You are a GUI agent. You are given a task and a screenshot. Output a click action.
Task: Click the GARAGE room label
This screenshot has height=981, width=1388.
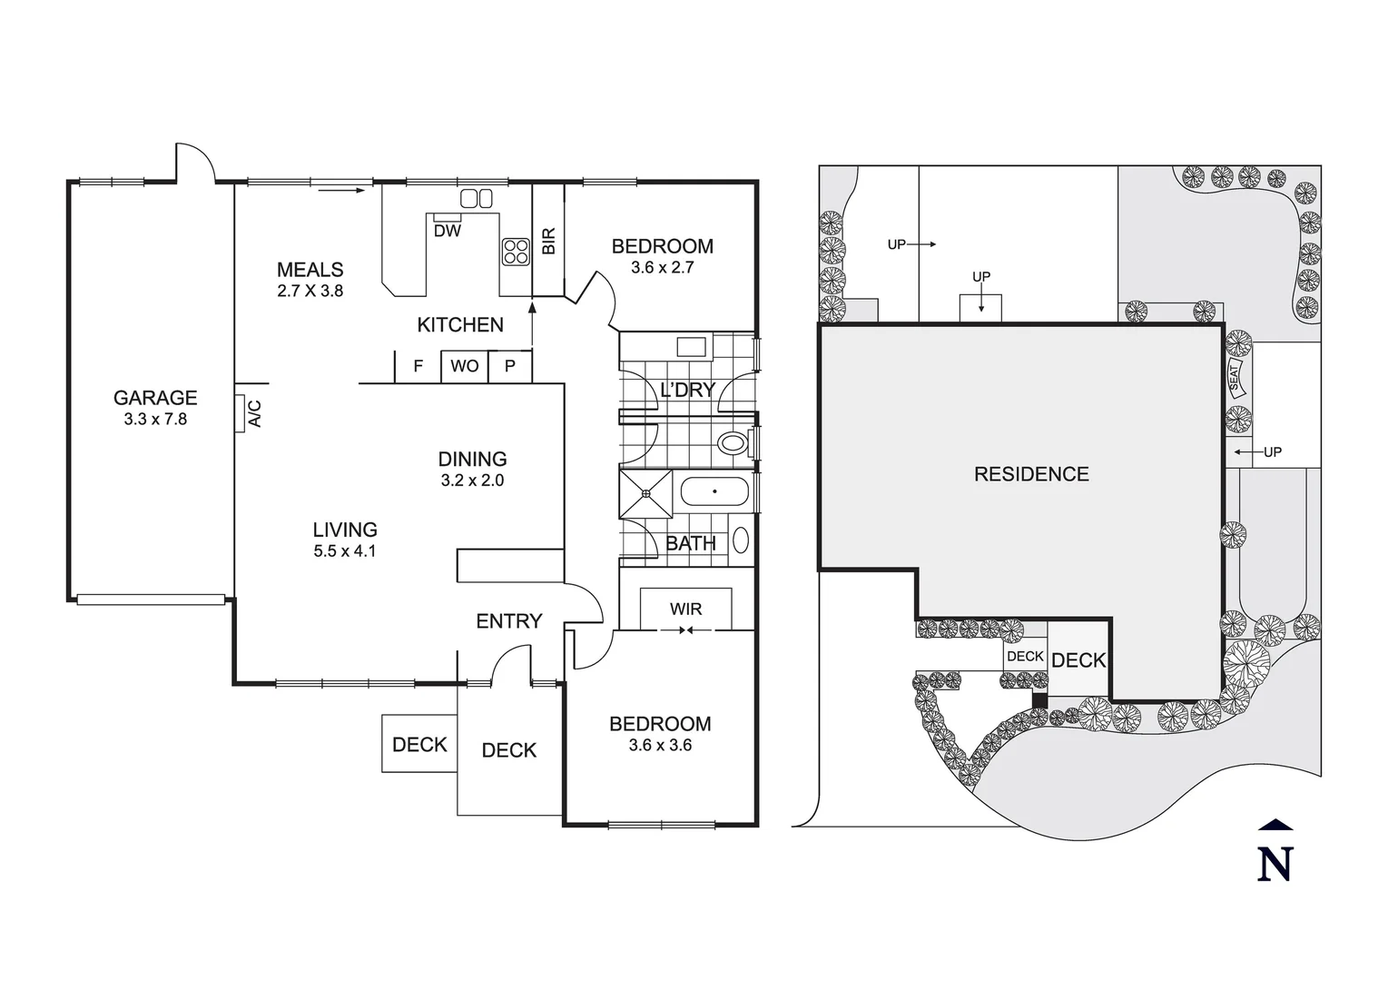[x=155, y=398]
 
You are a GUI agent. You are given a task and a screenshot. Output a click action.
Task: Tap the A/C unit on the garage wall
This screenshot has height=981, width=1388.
[x=241, y=413]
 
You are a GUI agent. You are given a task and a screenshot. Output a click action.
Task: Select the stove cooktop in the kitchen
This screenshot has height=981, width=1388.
[x=516, y=251]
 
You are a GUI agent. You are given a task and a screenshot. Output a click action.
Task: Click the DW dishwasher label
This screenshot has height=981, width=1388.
[x=448, y=231]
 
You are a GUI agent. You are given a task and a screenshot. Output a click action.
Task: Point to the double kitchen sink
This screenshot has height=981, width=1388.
[x=477, y=198]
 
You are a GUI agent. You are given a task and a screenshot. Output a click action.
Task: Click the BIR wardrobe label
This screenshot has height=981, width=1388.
[x=548, y=241]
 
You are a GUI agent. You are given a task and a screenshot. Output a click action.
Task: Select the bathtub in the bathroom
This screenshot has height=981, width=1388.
[x=714, y=492]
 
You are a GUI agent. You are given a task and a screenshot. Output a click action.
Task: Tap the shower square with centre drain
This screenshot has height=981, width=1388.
[x=646, y=493]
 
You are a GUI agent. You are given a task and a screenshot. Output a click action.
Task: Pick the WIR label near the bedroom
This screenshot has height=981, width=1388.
[x=685, y=609]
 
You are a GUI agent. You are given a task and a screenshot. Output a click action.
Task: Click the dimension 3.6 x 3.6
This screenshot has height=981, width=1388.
[x=660, y=746]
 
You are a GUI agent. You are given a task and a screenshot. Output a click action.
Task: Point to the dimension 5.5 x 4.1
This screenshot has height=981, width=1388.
[x=345, y=551]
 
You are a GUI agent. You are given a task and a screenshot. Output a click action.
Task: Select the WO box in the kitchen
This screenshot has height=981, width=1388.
[x=465, y=366]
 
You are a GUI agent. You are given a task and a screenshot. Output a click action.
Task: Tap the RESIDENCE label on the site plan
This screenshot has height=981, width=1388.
[x=1031, y=474]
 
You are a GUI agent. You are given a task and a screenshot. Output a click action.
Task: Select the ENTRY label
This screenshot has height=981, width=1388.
[x=508, y=621]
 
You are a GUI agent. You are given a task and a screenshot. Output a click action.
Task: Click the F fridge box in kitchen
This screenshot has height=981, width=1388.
[x=418, y=366]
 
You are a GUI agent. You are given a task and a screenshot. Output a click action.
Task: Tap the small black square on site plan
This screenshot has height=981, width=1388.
[x=1040, y=699]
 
